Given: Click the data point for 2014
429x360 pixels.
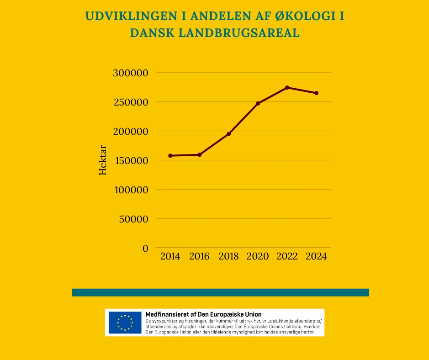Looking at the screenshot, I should pyautogui.click(x=170, y=156).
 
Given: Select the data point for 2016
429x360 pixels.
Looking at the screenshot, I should pyautogui.click(x=200, y=155).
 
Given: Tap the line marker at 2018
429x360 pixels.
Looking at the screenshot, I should pyautogui.click(x=229, y=134).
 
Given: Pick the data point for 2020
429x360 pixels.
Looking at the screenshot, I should pyautogui.click(x=258, y=103).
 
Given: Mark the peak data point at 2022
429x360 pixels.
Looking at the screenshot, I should pyautogui.click(x=287, y=88).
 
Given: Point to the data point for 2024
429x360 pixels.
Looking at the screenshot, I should pyautogui.click(x=316, y=93).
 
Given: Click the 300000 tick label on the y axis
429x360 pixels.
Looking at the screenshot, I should pyautogui.click(x=130, y=73).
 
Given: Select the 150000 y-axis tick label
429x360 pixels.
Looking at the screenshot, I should pyautogui.click(x=130, y=160).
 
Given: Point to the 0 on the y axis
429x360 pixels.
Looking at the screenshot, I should pyautogui.click(x=145, y=248).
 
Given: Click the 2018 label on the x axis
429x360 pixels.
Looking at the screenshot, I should pyautogui.click(x=228, y=256).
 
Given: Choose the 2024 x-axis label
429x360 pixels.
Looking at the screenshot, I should pyautogui.click(x=316, y=256).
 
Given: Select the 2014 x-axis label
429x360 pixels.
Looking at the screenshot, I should pyautogui.click(x=170, y=256).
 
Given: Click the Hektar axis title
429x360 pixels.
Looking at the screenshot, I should pyautogui.click(x=103, y=160).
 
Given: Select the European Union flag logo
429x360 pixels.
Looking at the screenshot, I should pyautogui.click(x=125, y=323).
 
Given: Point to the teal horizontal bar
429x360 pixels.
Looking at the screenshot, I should pyautogui.click(x=220, y=292).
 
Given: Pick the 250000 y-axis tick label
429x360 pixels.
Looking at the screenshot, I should pyautogui.click(x=130, y=102).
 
